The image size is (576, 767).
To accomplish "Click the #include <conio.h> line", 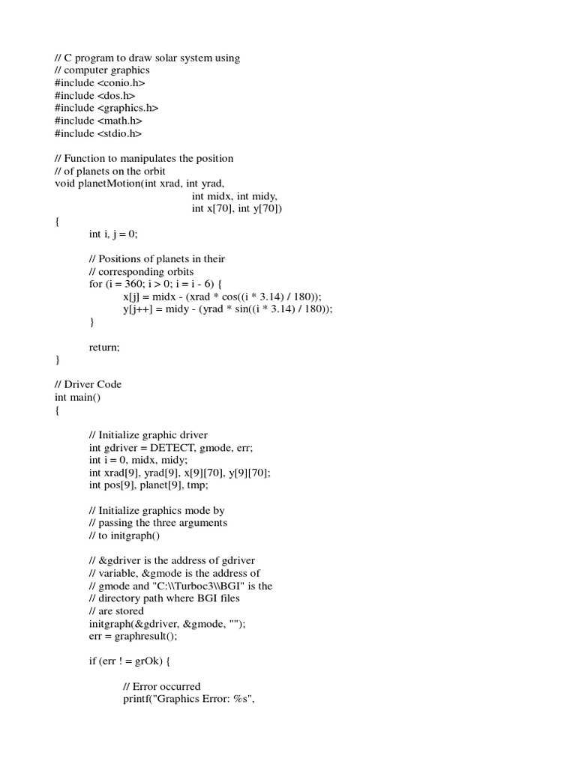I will click(100, 83).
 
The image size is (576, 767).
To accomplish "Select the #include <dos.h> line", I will click(94, 96).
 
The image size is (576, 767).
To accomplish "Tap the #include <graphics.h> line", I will click(106, 109).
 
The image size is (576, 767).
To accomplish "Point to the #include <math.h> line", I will click(98, 121).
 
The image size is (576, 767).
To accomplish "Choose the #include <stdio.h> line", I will click(97, 133).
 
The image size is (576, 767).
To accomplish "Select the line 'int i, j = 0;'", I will click(113, 234).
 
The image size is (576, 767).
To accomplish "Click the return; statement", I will click(104, 347).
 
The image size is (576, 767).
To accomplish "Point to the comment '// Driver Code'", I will click(88, 384).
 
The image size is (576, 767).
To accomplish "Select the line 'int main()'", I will click(77, 397).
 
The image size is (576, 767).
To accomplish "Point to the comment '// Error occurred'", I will click(162, 686).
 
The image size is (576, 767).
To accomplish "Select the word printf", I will click(136, 699).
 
